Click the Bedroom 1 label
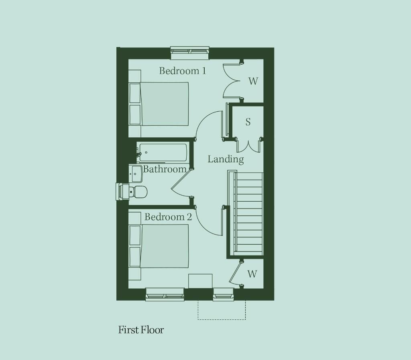point(183,71)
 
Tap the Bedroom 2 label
point(168,217)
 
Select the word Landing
point(226,159)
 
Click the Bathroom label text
point(165,169)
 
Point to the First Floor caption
point(141,330)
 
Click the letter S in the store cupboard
point(248,122)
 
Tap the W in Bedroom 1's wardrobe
point(253,81)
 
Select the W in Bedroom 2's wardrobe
point(252,274)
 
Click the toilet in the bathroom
point(138,192)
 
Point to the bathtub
point(163,152)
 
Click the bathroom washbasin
point(136,174)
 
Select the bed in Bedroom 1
point(159,104)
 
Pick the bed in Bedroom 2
point(159,246)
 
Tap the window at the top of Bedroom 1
point(190,53)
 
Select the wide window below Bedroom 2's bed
point(165,294)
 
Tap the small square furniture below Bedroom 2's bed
point(200,281)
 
